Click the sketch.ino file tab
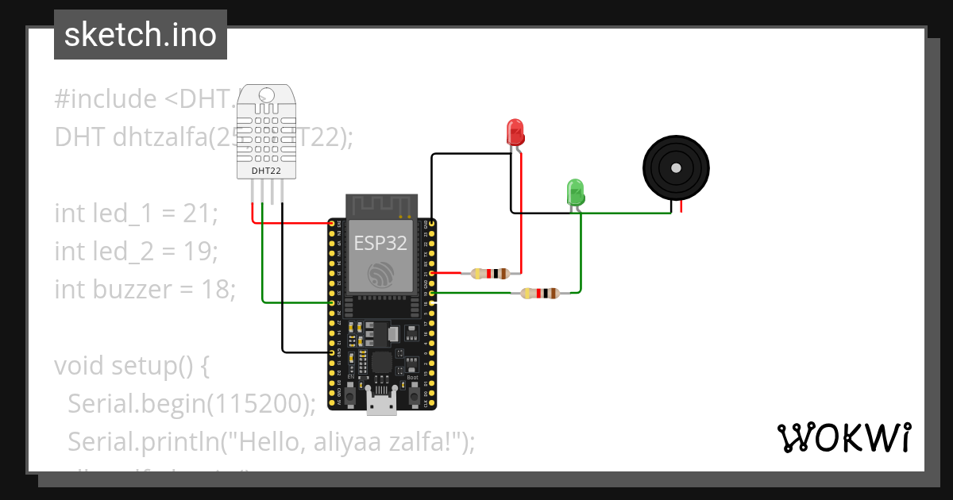click(141, 35)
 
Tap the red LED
click(515, 131)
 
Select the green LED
click(575, 193)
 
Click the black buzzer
click(676, 169)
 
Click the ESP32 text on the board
click(380, 243)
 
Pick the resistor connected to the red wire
click(490, 274)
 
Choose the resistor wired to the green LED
click(539, 294)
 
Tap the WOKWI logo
click(843, 437)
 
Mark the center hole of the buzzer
click(676, 168)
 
